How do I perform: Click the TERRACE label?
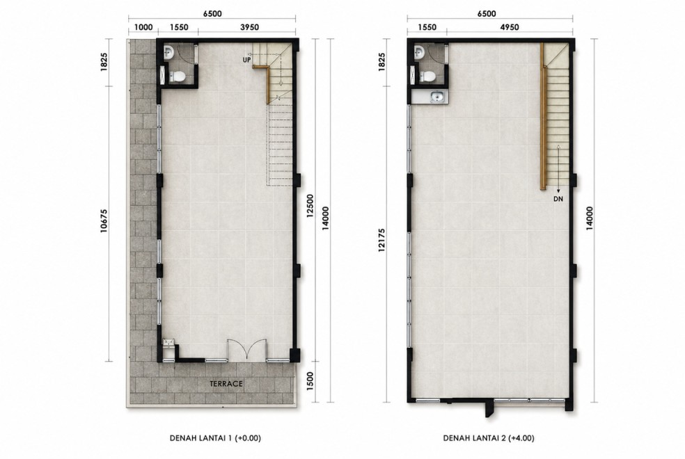tap(226, 384)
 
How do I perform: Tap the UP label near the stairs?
tap(247, 60)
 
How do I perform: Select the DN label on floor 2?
tap(558, 199)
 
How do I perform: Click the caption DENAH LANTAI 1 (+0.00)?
tap(215, 438)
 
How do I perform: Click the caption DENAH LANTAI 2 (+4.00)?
tap(489, 438)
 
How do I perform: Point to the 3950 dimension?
tap(249, 27)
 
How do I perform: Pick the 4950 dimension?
tap(510, 27)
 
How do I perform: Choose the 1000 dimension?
tap(143, 27)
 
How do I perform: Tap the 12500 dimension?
tap(310, 205)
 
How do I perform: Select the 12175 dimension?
tap(382, 240)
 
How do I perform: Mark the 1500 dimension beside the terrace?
tap(310, 381)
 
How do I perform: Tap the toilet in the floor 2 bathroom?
tap(427, 76)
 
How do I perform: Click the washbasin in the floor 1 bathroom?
tap(168, 54)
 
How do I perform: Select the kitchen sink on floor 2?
tap(436, 97)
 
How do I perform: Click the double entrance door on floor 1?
tap(248, 350)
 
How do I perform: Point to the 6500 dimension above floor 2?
tap(486, 13)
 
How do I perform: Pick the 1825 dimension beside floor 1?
tap(104, 63)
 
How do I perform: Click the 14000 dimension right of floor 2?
tap(590, 218)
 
